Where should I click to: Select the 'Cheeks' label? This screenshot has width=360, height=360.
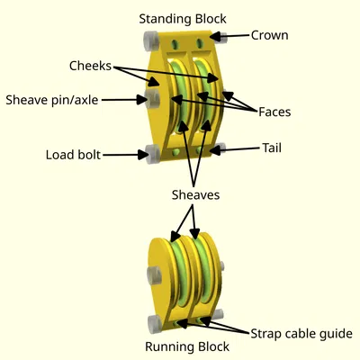point(90,66)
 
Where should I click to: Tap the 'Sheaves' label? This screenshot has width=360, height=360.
point(196,194)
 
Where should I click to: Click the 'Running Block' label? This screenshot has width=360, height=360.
point(187,346)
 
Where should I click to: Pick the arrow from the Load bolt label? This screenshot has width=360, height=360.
point(126,155)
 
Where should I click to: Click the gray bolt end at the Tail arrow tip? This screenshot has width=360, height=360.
point(219,150)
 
